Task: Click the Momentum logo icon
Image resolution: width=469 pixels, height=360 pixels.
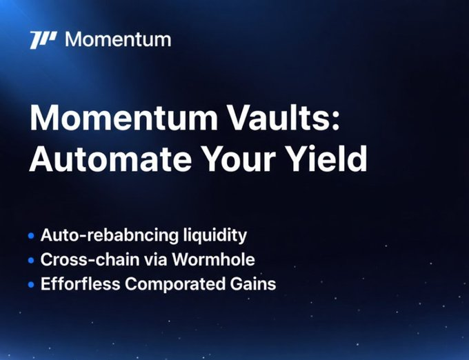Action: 43,39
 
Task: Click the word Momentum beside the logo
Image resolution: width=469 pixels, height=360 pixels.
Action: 117,39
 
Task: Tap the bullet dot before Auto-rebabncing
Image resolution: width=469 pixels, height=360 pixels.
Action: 30,236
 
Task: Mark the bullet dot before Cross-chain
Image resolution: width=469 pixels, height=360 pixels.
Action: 30,260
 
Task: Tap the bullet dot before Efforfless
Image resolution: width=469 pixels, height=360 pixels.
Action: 30,284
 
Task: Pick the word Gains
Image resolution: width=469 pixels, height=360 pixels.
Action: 255,284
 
